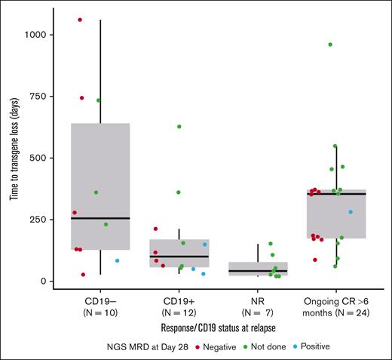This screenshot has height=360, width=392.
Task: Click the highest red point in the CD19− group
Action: pos(80,20)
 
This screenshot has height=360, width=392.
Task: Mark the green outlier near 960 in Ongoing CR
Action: pos(330,45)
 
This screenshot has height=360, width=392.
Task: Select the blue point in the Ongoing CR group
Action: pos(351,212)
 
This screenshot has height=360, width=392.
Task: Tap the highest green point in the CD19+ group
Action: pos(179,127)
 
